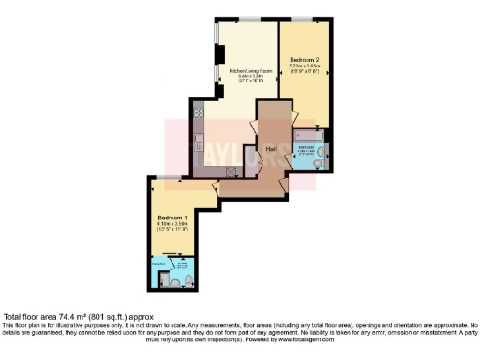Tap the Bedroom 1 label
[x=171, y=217]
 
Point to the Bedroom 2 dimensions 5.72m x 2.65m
[x=305, y=65]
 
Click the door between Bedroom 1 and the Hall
[x=215, y=189]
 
